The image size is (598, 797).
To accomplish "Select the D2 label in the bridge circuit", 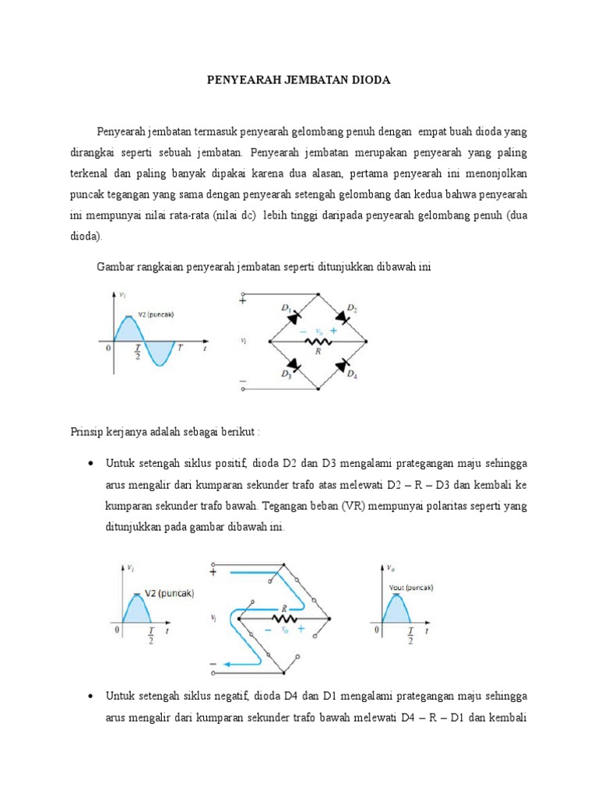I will point(352,309).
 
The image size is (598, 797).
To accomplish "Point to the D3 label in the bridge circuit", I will point(287,374).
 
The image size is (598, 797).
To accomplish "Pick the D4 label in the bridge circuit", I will point(352,374).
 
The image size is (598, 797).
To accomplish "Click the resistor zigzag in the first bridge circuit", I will point(318,341).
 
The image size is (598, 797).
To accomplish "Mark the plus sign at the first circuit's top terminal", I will point(243,300).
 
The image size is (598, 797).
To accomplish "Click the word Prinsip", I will point(86,430).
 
